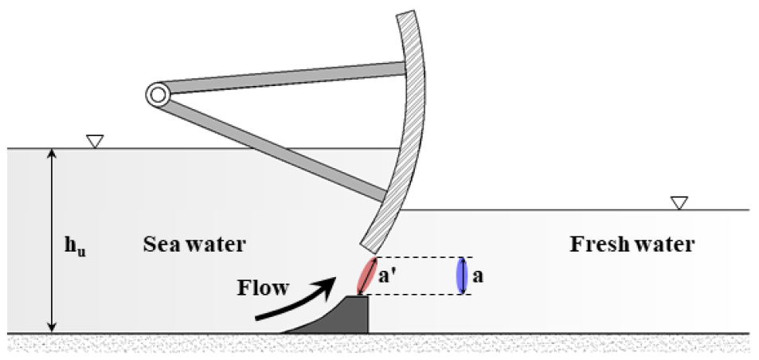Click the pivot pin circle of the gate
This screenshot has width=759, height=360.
point(157,96)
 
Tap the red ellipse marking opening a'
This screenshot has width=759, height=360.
point(366,276)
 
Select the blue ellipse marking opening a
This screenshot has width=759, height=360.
point(460,276)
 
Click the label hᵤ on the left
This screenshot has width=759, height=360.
point(76,245)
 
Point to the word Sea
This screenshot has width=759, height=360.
point(160,244)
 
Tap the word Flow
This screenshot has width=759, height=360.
point(263,286)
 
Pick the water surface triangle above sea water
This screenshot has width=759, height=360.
point(95,142)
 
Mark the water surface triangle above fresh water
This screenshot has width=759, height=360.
point(679,203)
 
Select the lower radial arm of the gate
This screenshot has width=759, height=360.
point(279,147)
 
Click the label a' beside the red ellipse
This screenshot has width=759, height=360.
point(389,277)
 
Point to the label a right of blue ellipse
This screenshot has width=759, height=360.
point(478,277)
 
